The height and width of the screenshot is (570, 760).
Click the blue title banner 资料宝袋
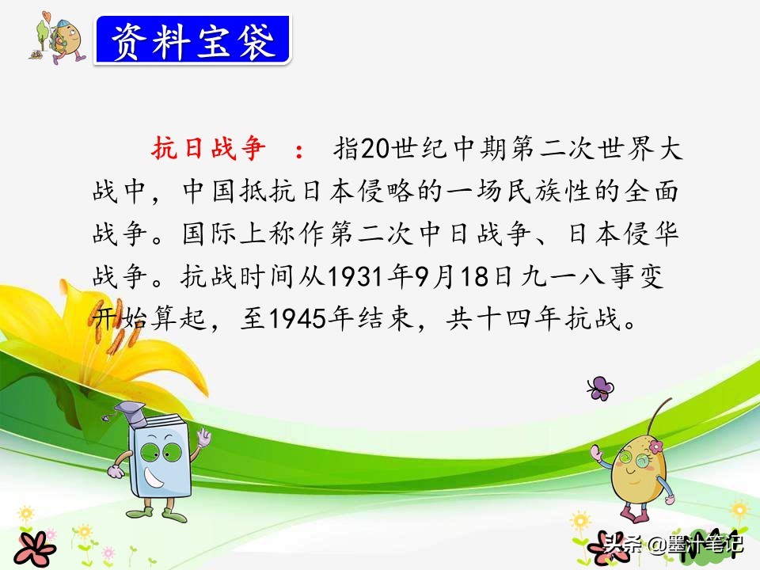pos(193,40)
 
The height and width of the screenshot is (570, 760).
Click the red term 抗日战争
pos(208,148)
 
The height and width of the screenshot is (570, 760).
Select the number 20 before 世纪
pos(375,148)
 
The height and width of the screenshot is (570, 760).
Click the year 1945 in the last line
pos(297,319)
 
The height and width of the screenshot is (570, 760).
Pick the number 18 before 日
pos(477,277)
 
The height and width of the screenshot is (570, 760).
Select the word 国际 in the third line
pos(209,234)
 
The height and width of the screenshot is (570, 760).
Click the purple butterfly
pos(600,388)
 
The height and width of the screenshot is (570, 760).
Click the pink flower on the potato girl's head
pos(655,446)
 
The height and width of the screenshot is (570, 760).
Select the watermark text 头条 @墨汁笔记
pos(673,544)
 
